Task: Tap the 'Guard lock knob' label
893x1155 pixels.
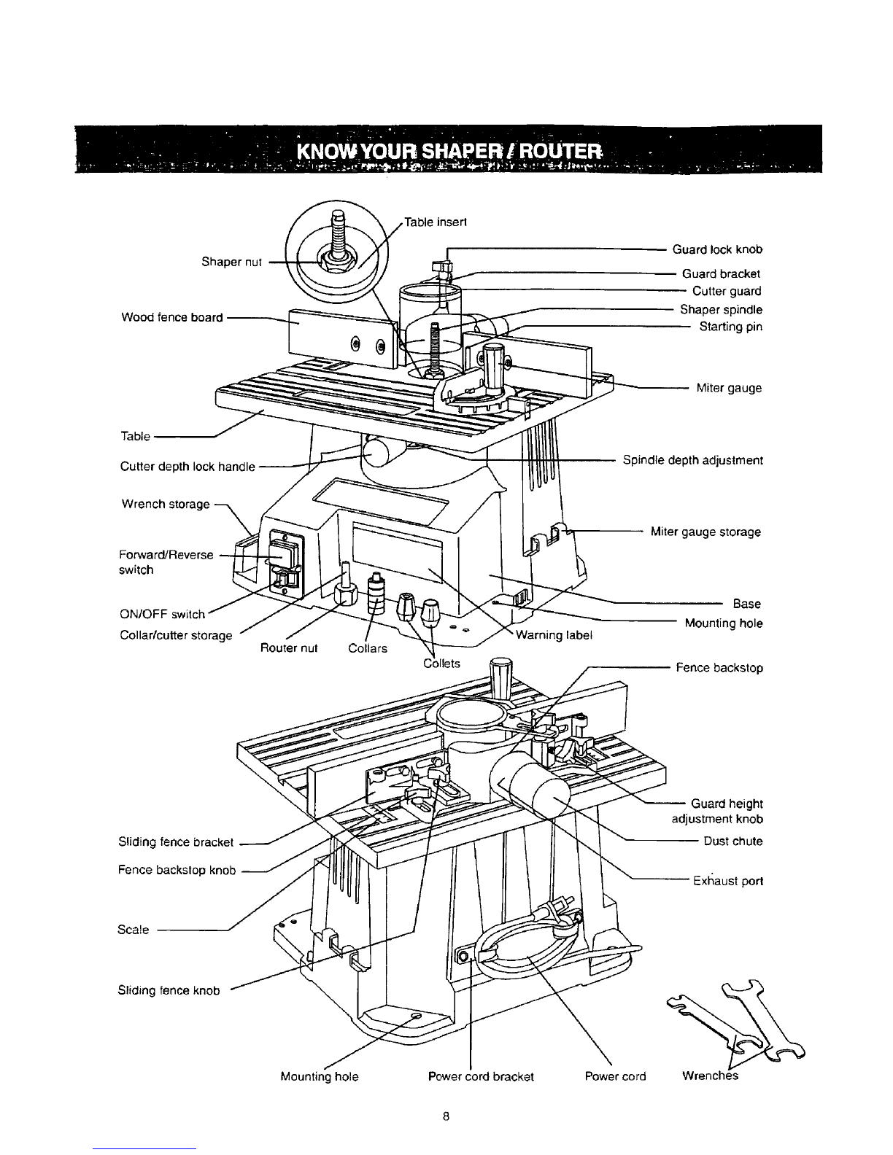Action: coord(717,249)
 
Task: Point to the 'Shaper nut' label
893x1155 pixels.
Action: coord(231,262)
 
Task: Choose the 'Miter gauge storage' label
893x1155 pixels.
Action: coord(705,532)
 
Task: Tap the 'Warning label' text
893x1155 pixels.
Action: coord(554,634)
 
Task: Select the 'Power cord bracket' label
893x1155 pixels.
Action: coord(481,1076)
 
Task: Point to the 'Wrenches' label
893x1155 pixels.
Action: coord(710,1076)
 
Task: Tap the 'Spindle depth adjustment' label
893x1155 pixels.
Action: coord(692,461)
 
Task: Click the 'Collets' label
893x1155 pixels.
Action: coord(442,664)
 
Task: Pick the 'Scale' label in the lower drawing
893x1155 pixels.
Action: coord(134,930)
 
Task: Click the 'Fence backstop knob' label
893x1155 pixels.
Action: coord(177,871)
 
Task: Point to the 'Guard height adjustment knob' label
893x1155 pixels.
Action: coord(717,811)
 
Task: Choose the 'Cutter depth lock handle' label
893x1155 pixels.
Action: coord(188,467)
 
